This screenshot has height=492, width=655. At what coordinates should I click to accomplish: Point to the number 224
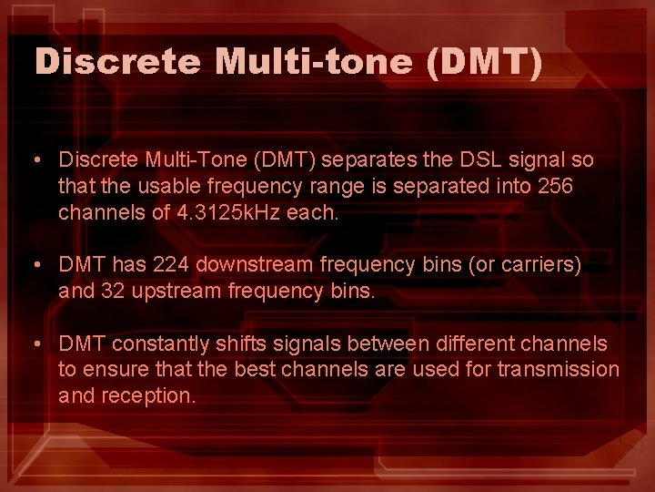tap(172, 266)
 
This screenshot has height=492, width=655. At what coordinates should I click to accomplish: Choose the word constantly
tap(166, 344)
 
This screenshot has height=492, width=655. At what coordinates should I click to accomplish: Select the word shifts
tap(240, 344)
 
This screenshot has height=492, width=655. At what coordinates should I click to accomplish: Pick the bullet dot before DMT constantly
tap(35, 345)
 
